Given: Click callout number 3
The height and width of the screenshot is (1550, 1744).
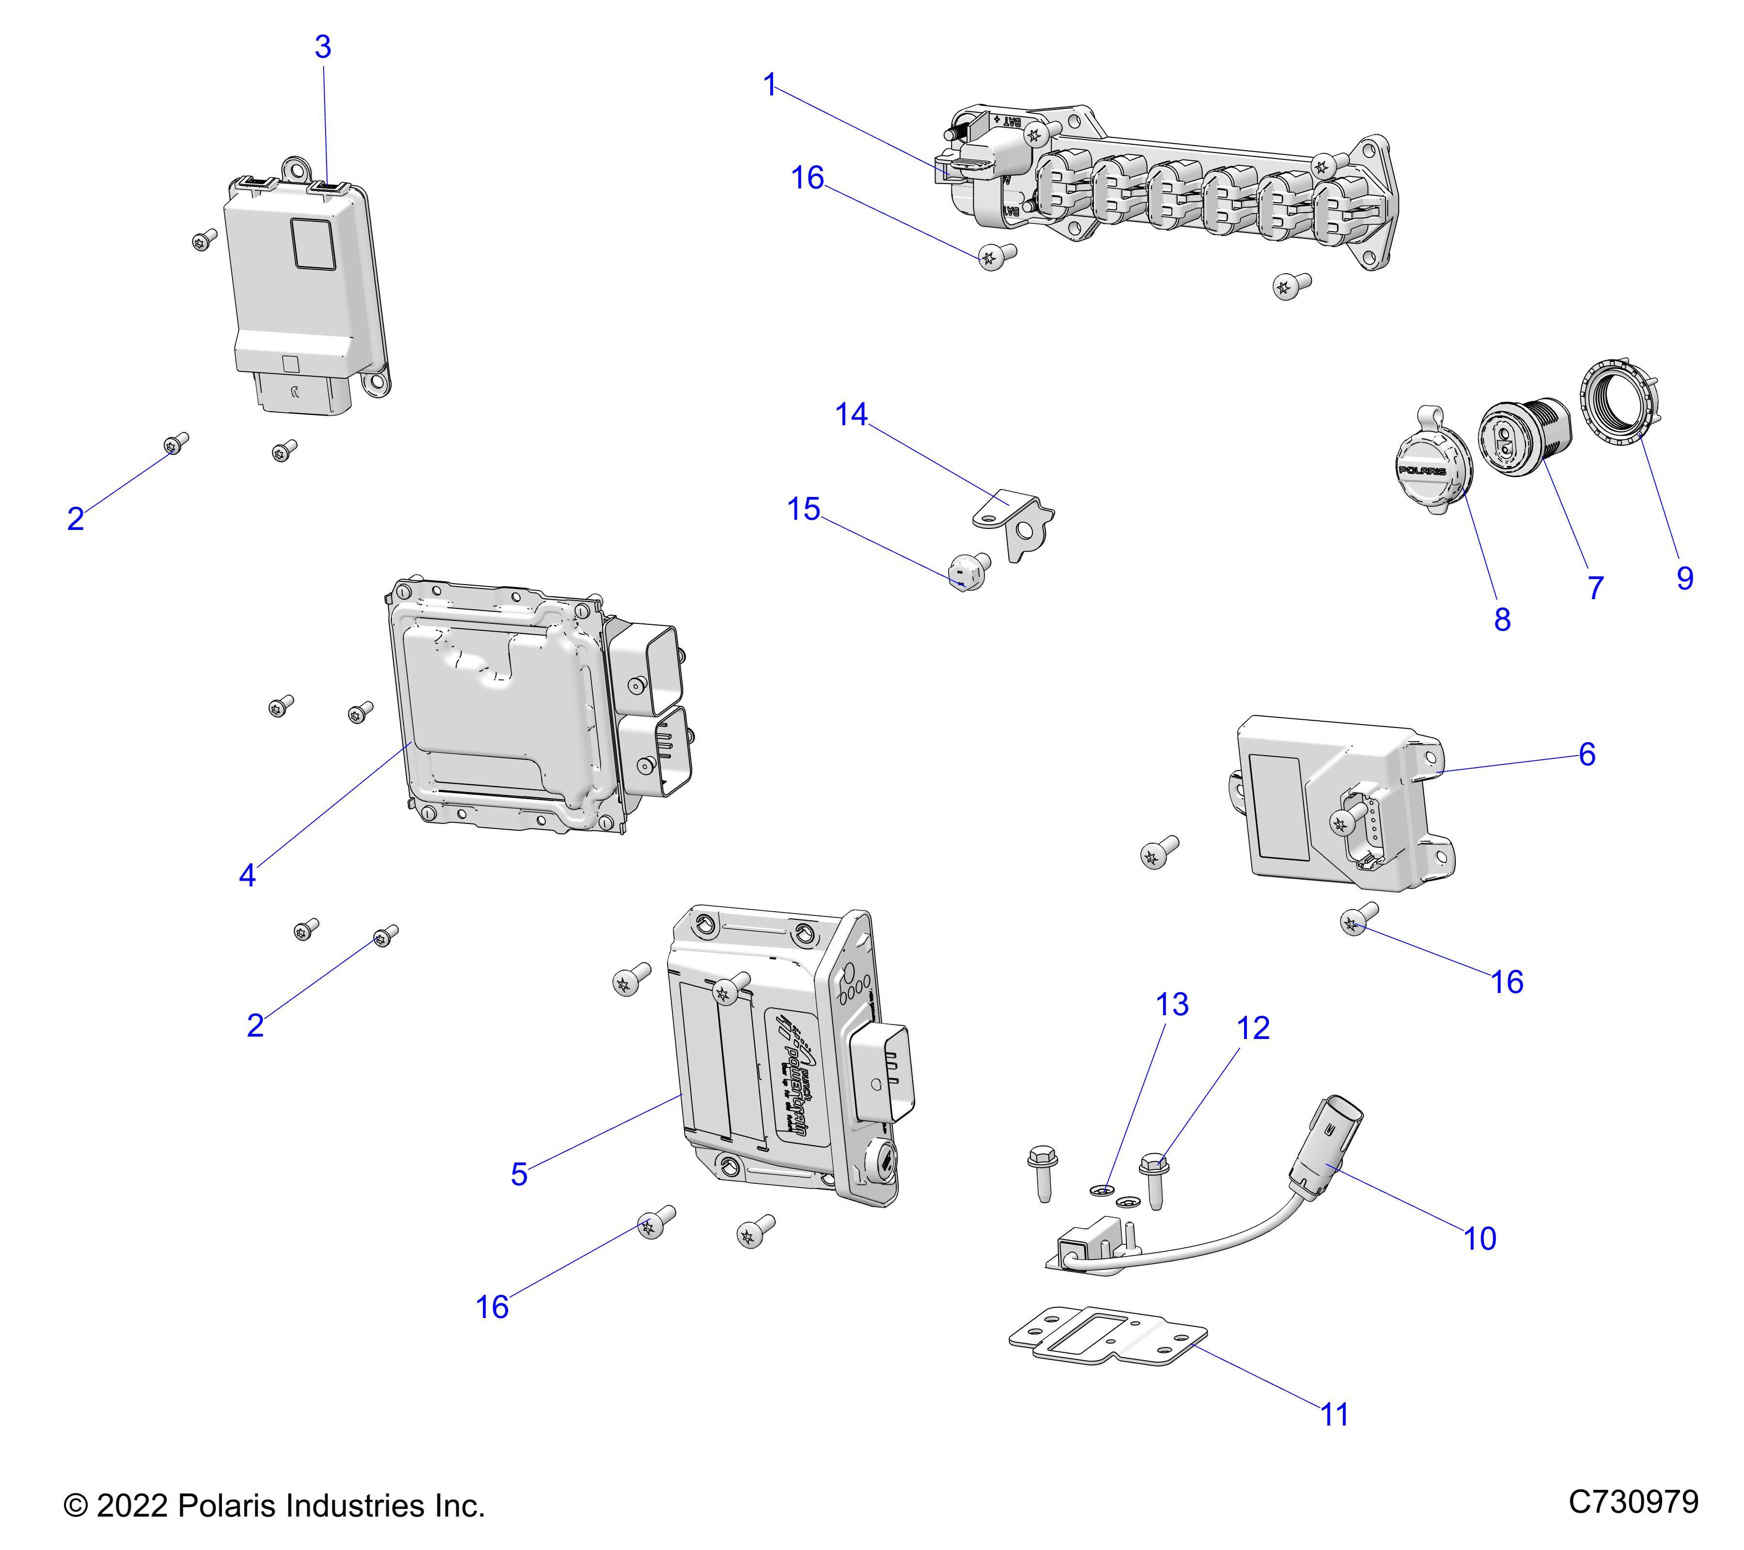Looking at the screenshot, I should (323, 47).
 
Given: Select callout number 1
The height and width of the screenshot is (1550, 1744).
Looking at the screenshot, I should (770, 85).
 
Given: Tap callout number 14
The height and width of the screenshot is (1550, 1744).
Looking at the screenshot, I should (851, 415).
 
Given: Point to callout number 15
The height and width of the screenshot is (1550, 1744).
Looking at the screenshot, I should (803, 509).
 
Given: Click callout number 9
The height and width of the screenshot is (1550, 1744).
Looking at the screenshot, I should (1684, 578).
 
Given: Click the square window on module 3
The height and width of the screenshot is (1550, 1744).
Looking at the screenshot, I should (313, 244).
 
